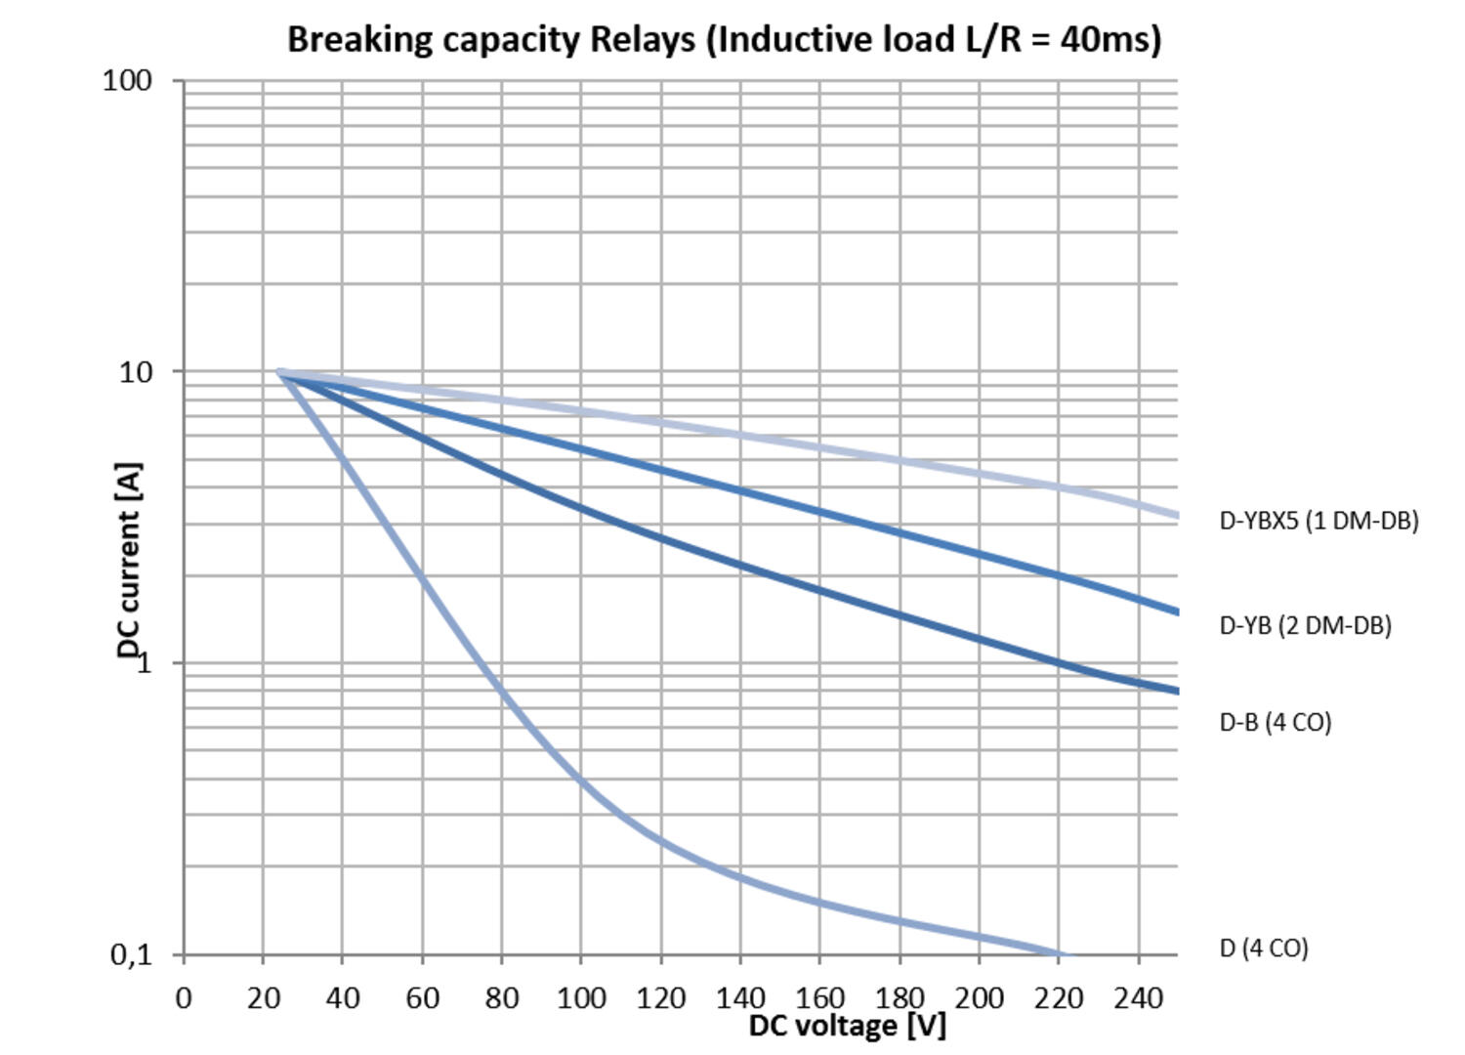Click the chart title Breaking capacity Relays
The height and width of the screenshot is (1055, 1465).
click(724, 40)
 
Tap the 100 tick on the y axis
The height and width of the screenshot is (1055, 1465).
click(128, 80)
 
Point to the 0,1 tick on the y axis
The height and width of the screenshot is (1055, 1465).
click(132, 954)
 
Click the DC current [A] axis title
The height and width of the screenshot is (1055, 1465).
click(129, 561)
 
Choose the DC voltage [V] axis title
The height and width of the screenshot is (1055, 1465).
click(847, 1026)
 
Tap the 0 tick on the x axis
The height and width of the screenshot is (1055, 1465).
click(184, 998)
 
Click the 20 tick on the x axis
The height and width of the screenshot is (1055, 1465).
click(263, 998)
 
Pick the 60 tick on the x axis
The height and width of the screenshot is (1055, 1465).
click(422, 998)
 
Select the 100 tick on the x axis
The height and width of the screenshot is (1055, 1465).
click(581, 998)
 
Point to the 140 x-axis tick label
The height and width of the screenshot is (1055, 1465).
click(740, 998)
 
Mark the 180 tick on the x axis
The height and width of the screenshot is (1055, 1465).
click(900, 998)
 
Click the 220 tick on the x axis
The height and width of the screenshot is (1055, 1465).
click(1059, 998)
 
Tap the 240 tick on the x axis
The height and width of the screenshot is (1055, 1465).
click(1139, 998)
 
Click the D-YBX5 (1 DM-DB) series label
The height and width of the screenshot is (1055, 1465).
click(1318, 521)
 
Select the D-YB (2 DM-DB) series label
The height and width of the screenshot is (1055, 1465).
click(1305, 625)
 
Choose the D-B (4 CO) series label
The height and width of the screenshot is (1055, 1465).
click(1275, 722)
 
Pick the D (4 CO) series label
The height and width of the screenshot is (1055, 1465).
click(1263, 948)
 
